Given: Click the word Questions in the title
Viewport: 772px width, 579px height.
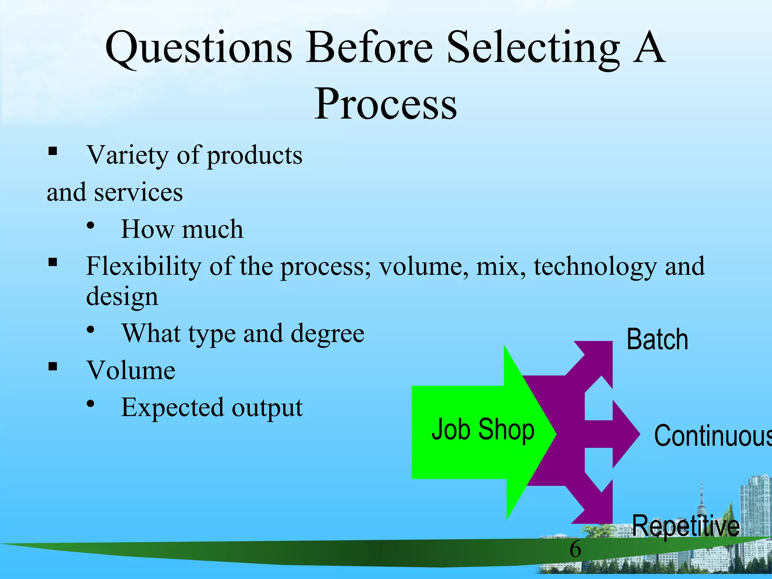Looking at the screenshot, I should [x=199, y=49].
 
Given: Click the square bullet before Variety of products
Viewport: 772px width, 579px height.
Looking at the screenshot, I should [x=52, y=152].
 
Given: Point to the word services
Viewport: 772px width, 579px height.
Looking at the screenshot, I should [x=138, y=193].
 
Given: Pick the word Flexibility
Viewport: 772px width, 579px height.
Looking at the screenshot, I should [x=144, y=266].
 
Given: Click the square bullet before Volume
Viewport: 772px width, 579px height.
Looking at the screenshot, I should [x=52, y=366].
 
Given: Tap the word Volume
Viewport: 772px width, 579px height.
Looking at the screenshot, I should [x=131, y=371].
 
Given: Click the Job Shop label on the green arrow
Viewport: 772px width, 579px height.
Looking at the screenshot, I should [x=482, y=430].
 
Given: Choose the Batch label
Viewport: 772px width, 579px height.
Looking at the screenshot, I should [x=657, y=340].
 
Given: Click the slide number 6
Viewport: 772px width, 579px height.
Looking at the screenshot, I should [x=575, y=549].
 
